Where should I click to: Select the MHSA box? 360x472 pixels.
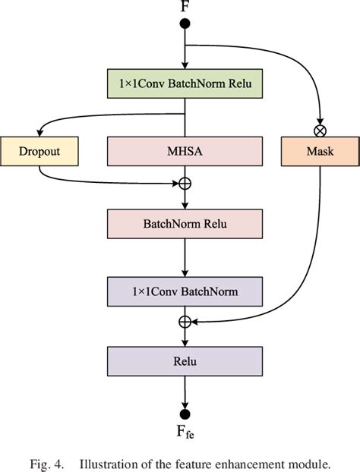point(185,151)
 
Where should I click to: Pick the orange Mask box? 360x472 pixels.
point(320,151)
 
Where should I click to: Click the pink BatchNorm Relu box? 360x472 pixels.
point(185,224)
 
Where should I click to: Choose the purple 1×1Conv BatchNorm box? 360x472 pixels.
point(185,291)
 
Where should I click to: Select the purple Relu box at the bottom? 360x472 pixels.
point(185,360)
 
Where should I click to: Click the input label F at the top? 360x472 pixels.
point(185,7)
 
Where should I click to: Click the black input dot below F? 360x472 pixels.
point(185,24)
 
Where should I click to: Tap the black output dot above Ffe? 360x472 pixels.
point(185,414)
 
